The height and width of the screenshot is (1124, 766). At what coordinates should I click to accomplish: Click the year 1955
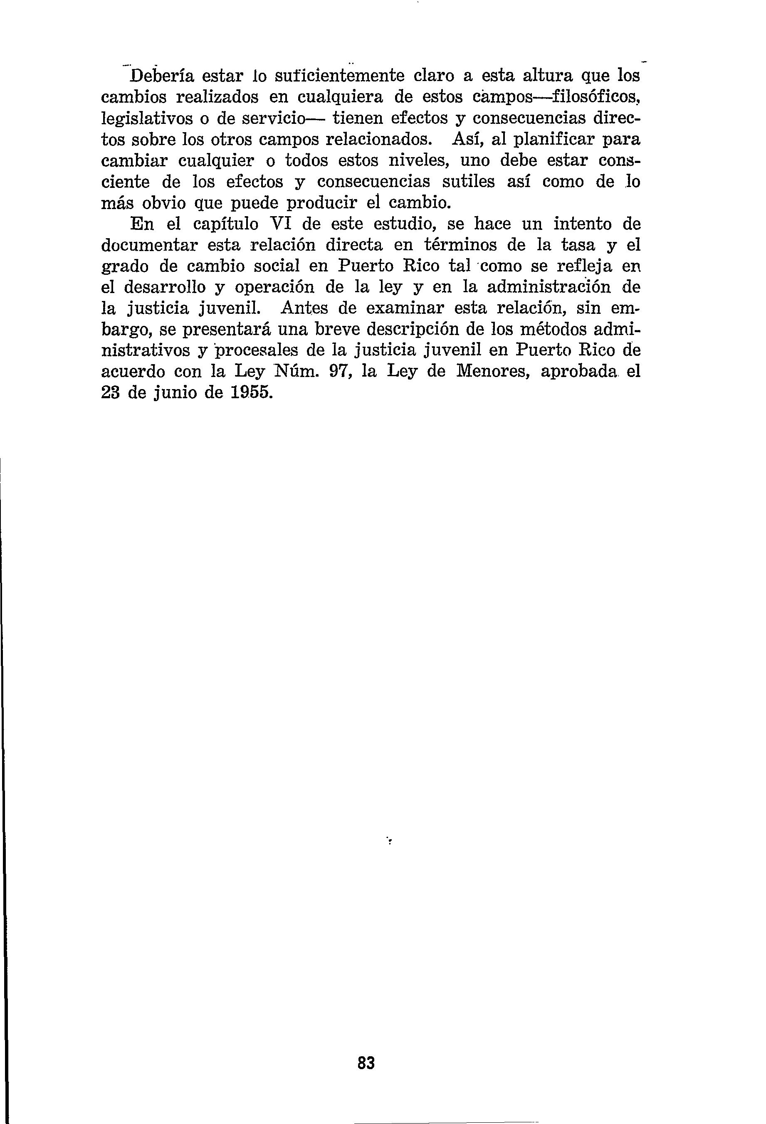tap(249, 393)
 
